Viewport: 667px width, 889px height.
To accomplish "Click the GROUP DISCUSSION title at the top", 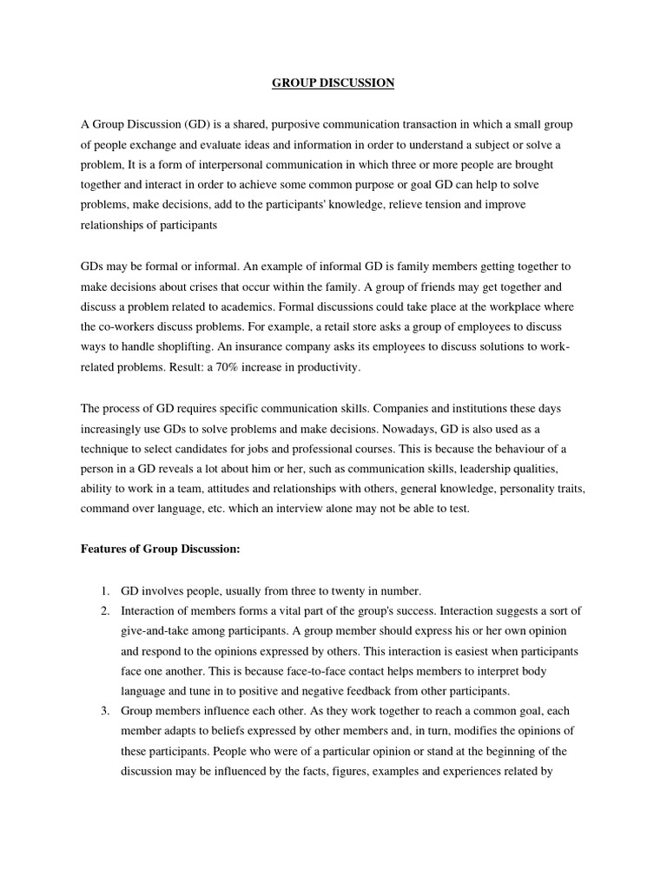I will [x=333, y=83].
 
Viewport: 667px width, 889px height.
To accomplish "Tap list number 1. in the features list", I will [x=104, y=591].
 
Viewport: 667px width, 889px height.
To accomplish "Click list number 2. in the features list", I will [x=104, y=611].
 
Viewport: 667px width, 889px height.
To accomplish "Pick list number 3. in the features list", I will [x=104, y=711].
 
